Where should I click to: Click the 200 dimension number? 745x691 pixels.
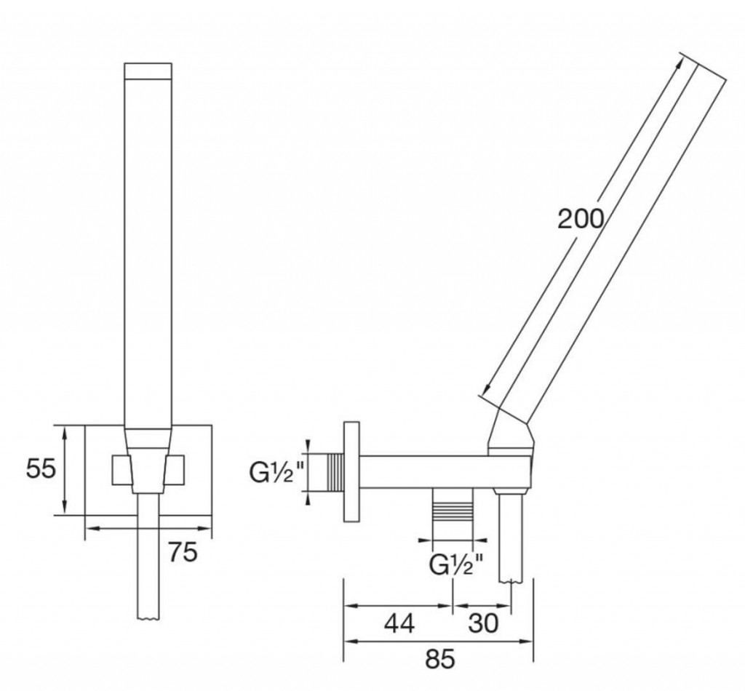581,219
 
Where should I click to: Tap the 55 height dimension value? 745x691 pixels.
41,469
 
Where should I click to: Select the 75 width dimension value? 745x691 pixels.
183,552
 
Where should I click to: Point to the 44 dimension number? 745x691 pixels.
399,623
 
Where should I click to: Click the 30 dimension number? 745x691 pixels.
483,623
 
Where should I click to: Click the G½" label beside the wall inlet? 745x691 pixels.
276,473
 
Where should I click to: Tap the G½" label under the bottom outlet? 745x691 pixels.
456,564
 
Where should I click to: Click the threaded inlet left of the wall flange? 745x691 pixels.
335,472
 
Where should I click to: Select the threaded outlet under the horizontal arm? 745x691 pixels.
453,505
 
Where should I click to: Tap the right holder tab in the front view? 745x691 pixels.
175,470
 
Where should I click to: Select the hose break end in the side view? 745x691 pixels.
511,581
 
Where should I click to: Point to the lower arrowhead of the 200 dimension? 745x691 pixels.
485,388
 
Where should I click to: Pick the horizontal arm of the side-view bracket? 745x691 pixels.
445,472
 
